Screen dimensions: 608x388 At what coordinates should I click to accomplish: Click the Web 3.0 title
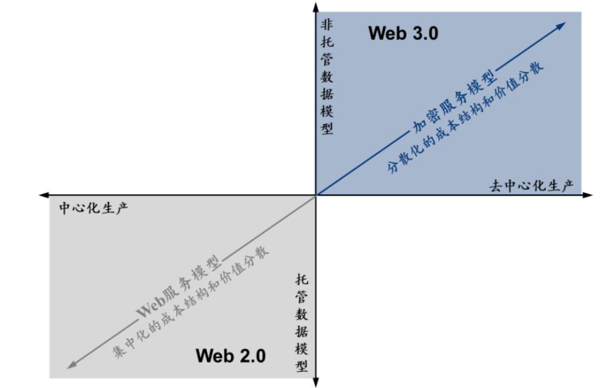[x=403, y=33]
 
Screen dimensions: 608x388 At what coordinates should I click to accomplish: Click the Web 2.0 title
[x=231, y=356]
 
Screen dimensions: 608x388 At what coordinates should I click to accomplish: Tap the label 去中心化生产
[x=531, y=186]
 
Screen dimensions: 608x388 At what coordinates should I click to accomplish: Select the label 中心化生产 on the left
[x=94, y=208]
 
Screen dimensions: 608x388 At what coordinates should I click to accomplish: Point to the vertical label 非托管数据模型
[x=327, y=77]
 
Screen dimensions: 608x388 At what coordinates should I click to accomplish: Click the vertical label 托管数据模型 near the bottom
[x=302, y=323]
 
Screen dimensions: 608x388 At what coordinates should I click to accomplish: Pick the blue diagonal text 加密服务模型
[x=455, y=102]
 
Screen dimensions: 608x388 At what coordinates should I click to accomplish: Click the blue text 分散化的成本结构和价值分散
[x=465, y=117]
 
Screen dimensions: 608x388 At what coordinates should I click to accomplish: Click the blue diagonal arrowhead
[x=560, y=26]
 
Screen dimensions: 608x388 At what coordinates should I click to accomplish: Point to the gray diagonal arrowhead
[x=72, y=364]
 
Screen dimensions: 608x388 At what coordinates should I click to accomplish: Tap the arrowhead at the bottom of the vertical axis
[x=316, y=382]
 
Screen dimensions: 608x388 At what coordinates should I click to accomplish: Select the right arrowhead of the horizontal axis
[x=587, y=195]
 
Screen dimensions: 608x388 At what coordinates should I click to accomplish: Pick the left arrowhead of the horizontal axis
[x=45, y=195]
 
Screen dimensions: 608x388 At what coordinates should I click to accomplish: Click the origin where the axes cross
[x=316, y=195]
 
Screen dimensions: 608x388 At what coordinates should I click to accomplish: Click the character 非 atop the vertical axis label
[x=327, y=24]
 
